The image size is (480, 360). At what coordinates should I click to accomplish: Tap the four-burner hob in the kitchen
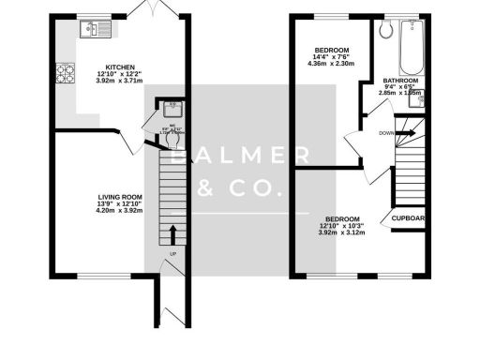(66, 71)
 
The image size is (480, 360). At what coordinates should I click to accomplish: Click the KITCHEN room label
(119, 67)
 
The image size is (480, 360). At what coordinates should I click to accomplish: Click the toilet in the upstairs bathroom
(385, 29)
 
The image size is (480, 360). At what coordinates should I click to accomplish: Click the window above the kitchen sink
(94, 16)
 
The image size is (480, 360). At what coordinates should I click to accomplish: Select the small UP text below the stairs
(172, 254)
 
